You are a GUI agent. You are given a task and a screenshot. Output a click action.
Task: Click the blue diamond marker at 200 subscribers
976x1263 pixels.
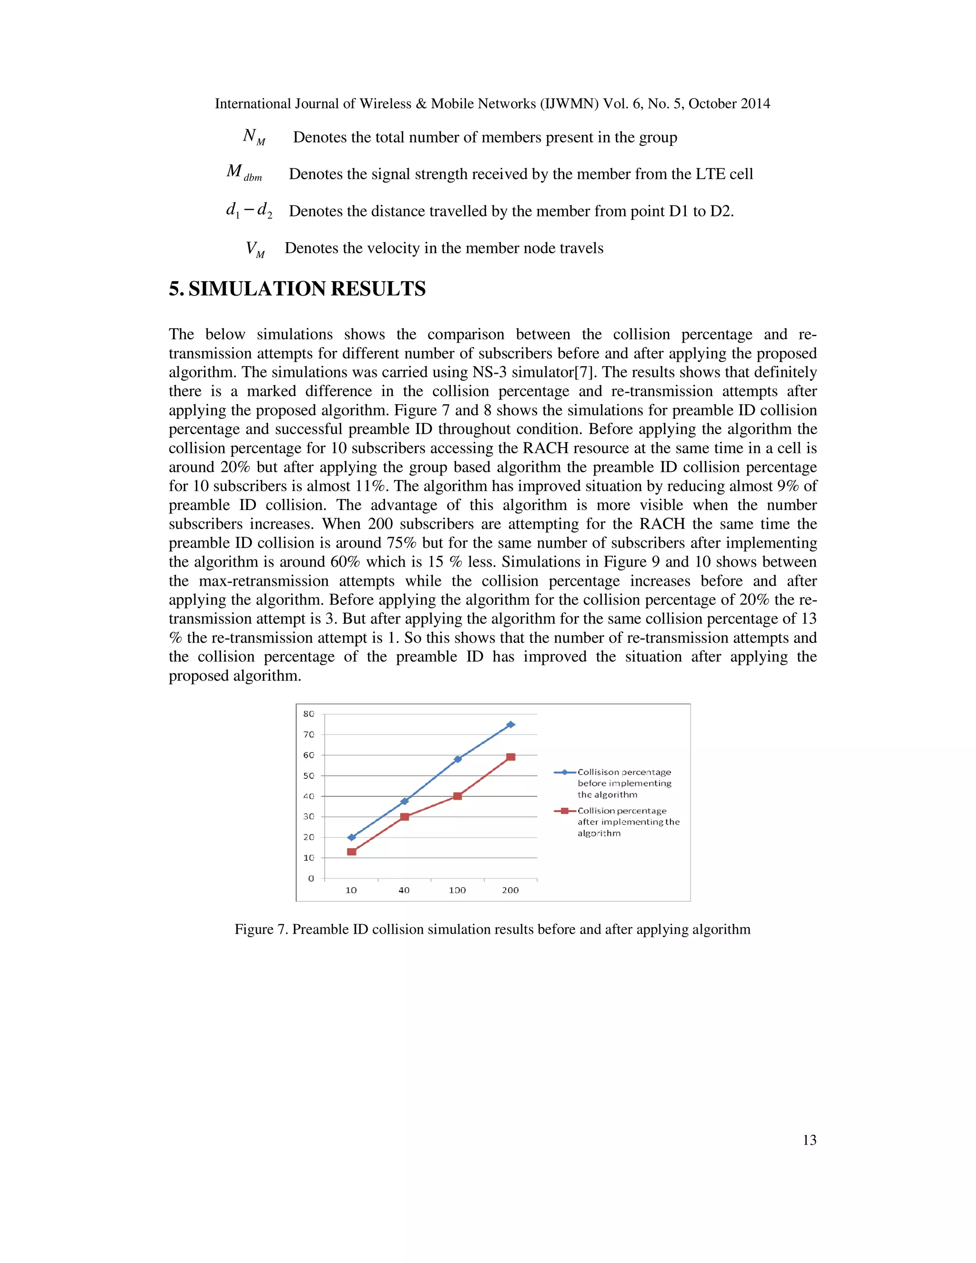tap(510, 724)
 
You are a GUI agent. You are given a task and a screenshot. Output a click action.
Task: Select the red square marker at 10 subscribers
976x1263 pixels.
tap(352, 851)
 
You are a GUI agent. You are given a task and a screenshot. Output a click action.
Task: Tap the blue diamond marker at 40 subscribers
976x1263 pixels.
tap(405, 801)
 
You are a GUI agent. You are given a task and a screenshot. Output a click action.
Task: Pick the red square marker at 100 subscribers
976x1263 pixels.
tap(457, 796)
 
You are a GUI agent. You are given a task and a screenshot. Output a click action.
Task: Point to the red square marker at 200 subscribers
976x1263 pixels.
tap(510, 757)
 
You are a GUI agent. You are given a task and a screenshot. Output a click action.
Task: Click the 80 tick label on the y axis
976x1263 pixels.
tap(309, 714)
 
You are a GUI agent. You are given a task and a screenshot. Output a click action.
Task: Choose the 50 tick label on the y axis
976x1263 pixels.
tap(309, 775)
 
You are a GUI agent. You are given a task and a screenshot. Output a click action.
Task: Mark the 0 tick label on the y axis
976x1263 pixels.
tap(311, 878)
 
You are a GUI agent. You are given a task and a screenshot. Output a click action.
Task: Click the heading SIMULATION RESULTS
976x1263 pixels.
tap(297, 288)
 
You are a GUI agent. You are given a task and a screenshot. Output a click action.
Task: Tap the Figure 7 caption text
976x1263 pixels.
tap(492, 929)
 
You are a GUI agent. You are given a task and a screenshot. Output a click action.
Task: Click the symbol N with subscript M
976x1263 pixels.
tap(253, 137)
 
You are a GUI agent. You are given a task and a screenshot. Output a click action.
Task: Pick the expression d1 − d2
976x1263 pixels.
tap(249, 211)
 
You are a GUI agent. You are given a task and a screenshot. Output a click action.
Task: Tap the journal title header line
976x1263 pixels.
tap(492, 103)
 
